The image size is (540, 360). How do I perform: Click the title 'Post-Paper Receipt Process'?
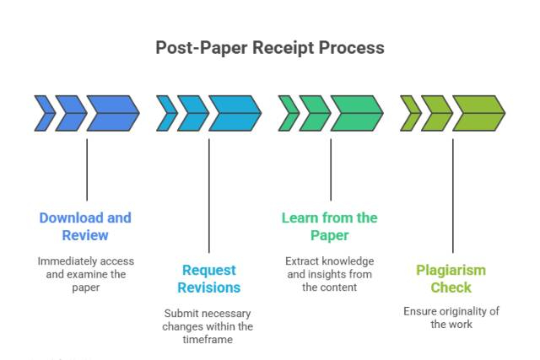click(269, 47)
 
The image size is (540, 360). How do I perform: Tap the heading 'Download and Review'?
click(85, 226)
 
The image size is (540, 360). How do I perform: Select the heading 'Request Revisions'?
click(208, 278)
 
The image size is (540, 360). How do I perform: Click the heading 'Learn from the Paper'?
click(329, 226)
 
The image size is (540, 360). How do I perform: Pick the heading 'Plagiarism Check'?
click(451, 278)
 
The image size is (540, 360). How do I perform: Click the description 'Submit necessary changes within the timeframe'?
click(208, 326)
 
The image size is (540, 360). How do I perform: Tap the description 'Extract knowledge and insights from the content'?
click(329, 274)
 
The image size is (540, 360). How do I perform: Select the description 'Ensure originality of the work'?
click(451, 317)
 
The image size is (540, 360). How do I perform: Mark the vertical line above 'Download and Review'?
click(87, 169)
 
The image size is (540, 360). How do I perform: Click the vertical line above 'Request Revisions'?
click(208, 194)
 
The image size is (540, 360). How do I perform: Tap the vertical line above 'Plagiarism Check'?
click(452, 194)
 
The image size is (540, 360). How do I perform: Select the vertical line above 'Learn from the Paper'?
click(331, 169)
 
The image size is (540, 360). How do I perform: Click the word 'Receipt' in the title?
click(283, 47)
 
